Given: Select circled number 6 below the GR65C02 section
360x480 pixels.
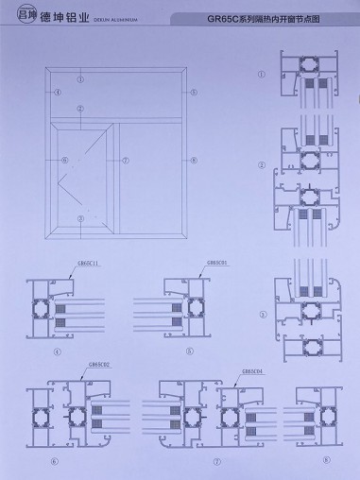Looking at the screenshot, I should [x=54, y=461].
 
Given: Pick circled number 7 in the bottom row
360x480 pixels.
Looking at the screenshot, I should [x=189, y=461].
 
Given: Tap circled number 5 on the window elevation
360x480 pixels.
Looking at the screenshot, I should [x=192, y=92].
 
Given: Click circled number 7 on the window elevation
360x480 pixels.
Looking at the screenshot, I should [x=123, y=160].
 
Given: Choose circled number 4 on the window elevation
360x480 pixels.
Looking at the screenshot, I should [x=57, y=92].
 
